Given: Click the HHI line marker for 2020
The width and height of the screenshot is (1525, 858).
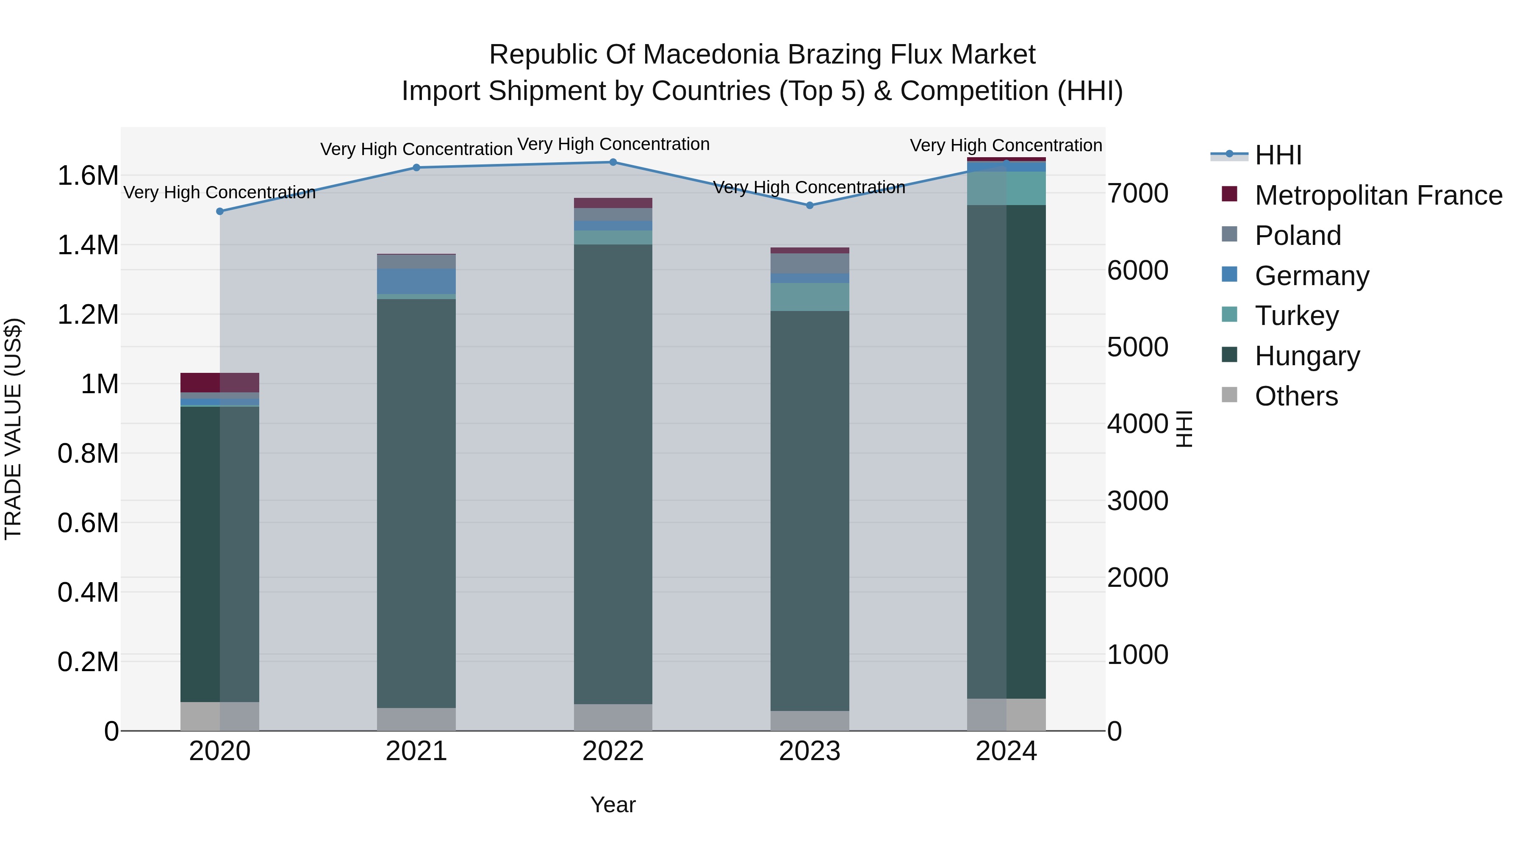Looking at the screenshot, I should (x=219, y=211).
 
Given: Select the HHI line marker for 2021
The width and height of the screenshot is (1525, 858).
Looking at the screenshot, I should (x=416, y=167).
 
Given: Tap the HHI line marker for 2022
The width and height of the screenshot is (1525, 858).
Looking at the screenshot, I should (x=613, y=162).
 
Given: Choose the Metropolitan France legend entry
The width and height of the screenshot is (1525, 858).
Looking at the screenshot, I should (x=1378, y=195).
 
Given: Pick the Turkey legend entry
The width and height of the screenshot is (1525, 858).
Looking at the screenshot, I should (x=1297, y=316).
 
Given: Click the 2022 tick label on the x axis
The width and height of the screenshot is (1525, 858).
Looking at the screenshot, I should (x=613, y=751).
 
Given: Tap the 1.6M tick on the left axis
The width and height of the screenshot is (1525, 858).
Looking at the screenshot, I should (x=88, y=176).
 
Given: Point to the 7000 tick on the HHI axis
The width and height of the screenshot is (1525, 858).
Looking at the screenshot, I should (x=1138, y=193).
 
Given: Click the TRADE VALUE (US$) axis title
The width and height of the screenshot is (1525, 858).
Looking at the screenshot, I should (x=13, y=429).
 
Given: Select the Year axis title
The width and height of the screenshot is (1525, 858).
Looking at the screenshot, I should (x=613, y=805).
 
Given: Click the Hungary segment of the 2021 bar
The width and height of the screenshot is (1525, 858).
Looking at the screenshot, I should (x=416, y=503).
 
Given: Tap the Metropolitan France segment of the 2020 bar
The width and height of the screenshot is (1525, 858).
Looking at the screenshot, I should (x=219, y=383).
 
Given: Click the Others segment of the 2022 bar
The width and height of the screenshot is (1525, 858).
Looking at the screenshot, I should (x=613, y=717).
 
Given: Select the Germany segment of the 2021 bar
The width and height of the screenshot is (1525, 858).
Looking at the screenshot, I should (x=416, y=281).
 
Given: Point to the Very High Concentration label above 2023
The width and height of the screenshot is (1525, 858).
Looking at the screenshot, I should (x=809, y=188).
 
